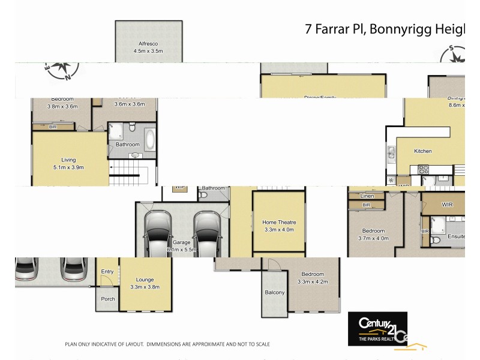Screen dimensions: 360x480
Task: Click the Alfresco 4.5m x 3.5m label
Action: tap(148, 47)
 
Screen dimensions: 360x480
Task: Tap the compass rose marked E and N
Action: tap(60, 69)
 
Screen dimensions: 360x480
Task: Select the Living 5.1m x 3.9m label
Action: tap(68, 164)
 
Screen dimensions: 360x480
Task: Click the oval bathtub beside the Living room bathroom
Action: tap(149, 140)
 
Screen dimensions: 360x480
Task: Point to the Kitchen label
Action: tap(422, 151)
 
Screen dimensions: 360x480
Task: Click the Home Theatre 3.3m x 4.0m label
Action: tap(280, 226)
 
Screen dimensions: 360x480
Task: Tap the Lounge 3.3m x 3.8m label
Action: tap(145, 283)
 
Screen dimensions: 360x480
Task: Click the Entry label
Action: tap(107, 272)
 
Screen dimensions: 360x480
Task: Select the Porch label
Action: tap(107, 299)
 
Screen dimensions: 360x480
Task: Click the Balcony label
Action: tap(275, 292)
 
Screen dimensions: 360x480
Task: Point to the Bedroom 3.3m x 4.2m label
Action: tap(313, 278)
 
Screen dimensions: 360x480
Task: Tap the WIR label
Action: tap(447, 205)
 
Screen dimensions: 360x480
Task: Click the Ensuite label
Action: tap(457, 236)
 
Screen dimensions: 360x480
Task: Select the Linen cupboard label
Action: tap(367, 196)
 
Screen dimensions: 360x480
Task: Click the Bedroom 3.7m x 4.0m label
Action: tap(373, 234)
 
